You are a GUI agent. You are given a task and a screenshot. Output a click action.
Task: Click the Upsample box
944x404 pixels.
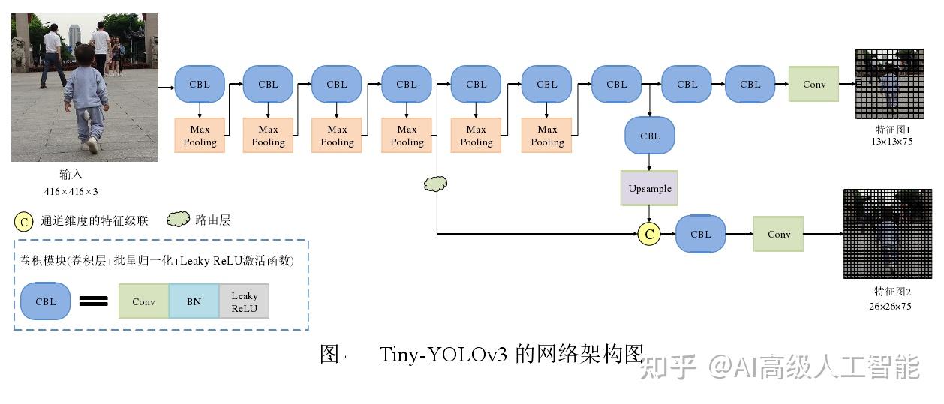click(x=649, y=188)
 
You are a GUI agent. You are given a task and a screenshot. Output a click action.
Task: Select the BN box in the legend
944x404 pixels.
click(x=194, y=301)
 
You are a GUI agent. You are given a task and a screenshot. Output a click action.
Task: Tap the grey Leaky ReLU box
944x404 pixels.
click(x=244, y=301)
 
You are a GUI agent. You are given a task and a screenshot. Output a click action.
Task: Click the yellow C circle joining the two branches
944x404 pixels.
click(x=649, y=234)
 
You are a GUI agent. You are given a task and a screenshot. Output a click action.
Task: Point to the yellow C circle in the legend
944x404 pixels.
click(x=24, y=221)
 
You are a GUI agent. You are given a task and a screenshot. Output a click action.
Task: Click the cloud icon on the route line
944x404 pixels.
click(x=435, y=184)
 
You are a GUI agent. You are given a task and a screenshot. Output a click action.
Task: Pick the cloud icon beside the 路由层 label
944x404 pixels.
click(x=178, y=220)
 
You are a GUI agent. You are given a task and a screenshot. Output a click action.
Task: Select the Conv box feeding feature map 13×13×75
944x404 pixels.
click(x=814, y=84)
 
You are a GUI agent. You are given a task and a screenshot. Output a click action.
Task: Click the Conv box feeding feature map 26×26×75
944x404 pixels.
click(x=778, y=234)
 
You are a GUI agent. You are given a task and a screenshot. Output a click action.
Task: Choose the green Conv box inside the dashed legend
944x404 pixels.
click(x=143, y=301)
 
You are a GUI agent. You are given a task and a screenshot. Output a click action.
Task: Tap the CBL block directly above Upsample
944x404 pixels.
click(x=650, y=136)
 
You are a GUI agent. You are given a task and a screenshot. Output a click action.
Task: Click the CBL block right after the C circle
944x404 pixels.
click(x=700, y=234)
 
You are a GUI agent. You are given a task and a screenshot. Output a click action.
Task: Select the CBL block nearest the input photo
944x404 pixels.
click(x=200, y=84)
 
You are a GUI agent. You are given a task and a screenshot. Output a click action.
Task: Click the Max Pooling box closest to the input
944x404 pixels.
click(x=200, y=136)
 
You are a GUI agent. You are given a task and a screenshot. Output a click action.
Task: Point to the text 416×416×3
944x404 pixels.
click(x=71, y=191)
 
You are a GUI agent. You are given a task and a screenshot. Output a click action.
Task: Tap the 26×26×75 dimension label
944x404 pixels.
click(x=891, y=306)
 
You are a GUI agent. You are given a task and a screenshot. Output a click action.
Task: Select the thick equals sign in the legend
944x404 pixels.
click(x=94, y=301)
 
